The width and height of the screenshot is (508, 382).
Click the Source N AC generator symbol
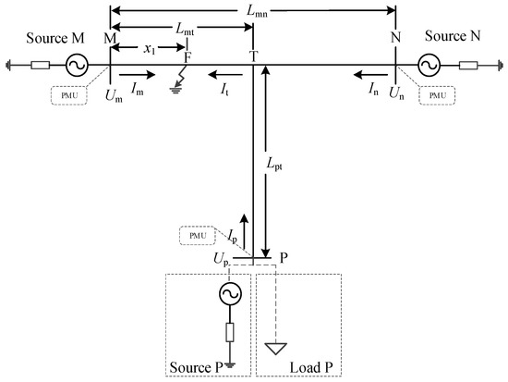[429, 66]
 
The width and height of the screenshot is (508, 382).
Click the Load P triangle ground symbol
[274, 349]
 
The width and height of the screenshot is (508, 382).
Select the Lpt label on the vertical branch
[278, 163]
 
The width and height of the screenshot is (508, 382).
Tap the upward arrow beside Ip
[244, 229]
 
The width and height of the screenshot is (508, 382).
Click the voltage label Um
[115, 95]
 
